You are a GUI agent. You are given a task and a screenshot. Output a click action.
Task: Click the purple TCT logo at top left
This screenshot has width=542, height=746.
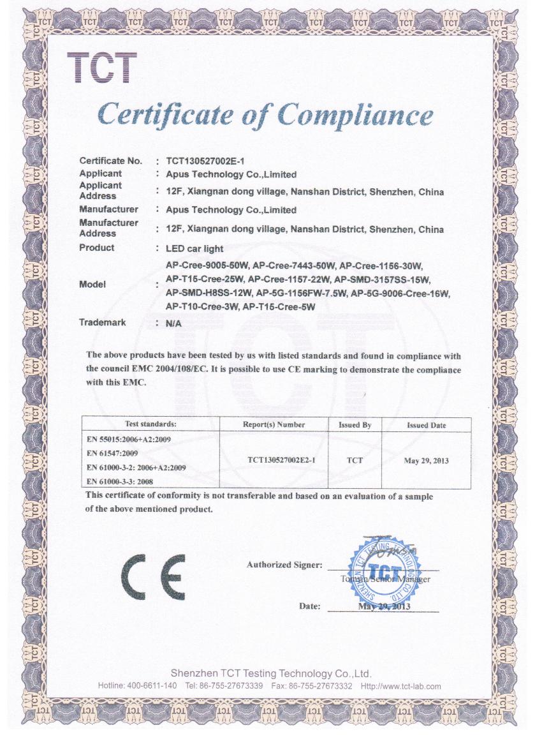(x=102, y=68)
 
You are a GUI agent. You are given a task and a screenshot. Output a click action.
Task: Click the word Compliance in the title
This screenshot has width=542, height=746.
(x=356, y=116)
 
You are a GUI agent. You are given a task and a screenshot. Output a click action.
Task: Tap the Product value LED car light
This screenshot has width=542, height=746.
(x=194, y=248)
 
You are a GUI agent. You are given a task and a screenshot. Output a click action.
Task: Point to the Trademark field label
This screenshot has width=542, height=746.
(x=102, y=322)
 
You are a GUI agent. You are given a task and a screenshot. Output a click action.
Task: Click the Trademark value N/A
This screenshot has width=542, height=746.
(x=173, y=323)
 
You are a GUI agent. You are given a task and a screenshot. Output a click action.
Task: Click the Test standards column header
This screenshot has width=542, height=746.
(x=151, y=424)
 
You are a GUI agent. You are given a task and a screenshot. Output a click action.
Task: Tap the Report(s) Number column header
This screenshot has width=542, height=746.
(x=274, y=424)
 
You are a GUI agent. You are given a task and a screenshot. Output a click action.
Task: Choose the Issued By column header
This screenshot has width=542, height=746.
(x=355, y=425)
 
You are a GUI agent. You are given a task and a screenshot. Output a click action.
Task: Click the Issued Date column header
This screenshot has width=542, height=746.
(x=427, y=425)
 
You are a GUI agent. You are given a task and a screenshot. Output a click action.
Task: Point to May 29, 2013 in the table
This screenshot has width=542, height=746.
(x=427, y=460)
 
